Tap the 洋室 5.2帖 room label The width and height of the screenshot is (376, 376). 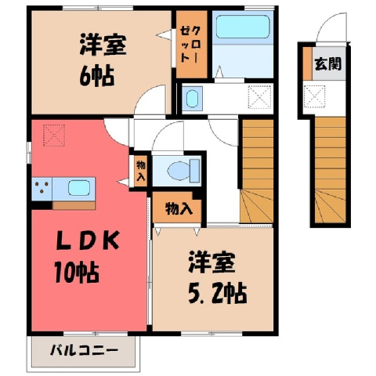(x=218, y=278)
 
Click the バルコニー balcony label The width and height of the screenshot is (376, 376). (x=84, y=350)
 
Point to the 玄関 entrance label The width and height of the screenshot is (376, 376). (x=328, y=63)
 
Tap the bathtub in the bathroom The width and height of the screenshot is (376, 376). (x=243, y=27)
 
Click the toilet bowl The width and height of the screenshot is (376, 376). (x=183, y=171)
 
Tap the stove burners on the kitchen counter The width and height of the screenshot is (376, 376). (x=42, y=187)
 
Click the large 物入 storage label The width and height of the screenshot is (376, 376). (x=179, y=208)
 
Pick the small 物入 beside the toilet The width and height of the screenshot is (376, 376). (x=141, y=171)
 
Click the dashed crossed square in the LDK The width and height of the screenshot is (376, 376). (x=54, y=136)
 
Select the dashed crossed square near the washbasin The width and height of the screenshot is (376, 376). (x=259, y=97)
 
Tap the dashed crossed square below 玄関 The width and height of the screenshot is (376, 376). (x=315, y=96)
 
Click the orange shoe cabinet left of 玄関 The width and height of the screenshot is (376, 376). (x=308, y=63)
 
